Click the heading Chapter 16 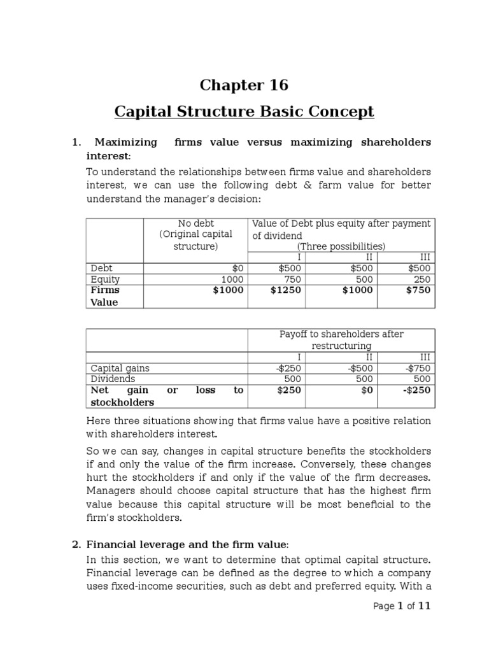coord(244,85)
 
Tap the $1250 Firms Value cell coord(285,290)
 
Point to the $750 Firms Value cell coord(418,290)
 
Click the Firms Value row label coord(105,296)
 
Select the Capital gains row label coord(120,368)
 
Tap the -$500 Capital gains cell coord(360,368)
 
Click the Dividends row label coord(113,379)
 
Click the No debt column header coord(195,223)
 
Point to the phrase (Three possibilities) coord(341,246)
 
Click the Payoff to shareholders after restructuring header coord(341,340)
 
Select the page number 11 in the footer coord(424,606)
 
